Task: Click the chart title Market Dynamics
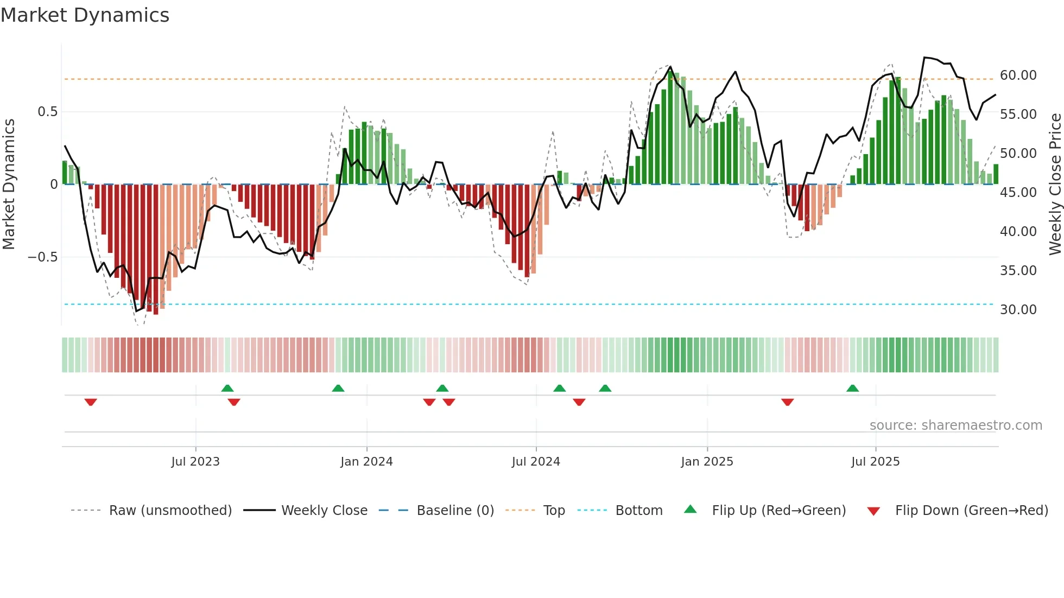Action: point(85,15)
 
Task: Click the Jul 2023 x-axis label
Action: point(195,462)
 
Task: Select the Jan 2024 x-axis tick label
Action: point(366,462)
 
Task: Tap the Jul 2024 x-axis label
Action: point(536,462)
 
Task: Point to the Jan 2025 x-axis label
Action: point(707,462)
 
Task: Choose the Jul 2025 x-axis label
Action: point(875,462)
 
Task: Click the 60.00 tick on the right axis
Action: point(1018,75)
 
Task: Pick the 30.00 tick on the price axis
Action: point(1018,310)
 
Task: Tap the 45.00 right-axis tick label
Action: point(1018,193)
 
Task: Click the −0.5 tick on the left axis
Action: point(42,257)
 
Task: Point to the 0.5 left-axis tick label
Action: point(47,112)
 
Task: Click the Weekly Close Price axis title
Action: point(1055,184)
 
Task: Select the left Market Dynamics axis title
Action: point(9,184)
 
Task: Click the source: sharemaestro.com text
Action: point(955,425)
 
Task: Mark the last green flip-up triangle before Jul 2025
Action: point(852,388)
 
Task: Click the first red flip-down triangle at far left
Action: point(91,402)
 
